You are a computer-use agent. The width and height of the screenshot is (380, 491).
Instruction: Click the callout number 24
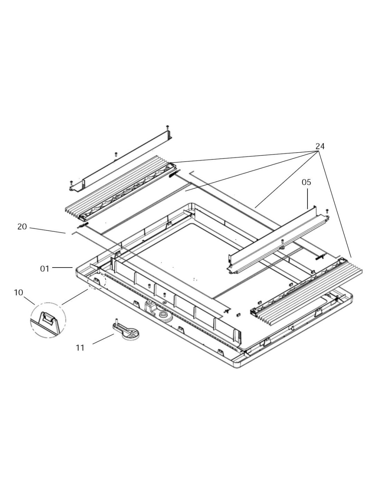point(320,146)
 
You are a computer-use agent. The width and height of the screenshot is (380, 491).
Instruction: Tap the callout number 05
point(306,182)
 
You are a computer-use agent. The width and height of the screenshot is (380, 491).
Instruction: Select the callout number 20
point(22,227)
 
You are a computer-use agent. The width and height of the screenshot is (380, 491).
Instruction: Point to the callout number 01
point(45,269)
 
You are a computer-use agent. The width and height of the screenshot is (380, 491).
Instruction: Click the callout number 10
point(19,292)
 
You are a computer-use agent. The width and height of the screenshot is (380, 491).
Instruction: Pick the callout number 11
point(80,348)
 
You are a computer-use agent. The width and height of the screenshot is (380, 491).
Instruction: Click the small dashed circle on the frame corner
point(96,281)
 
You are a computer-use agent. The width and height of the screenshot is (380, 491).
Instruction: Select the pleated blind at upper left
point(120,188)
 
